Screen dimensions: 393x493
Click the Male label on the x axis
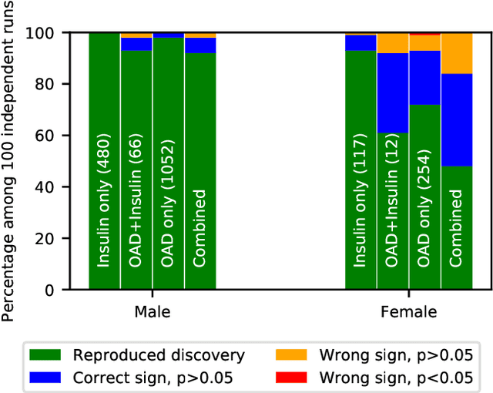[153, 312]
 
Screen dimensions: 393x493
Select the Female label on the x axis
[408, 312]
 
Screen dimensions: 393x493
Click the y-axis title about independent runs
[11, 160]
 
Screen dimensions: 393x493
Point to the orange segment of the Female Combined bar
[456, 53]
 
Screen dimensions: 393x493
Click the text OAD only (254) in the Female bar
[424, 204]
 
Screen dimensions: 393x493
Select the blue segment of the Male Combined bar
[200, 45]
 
